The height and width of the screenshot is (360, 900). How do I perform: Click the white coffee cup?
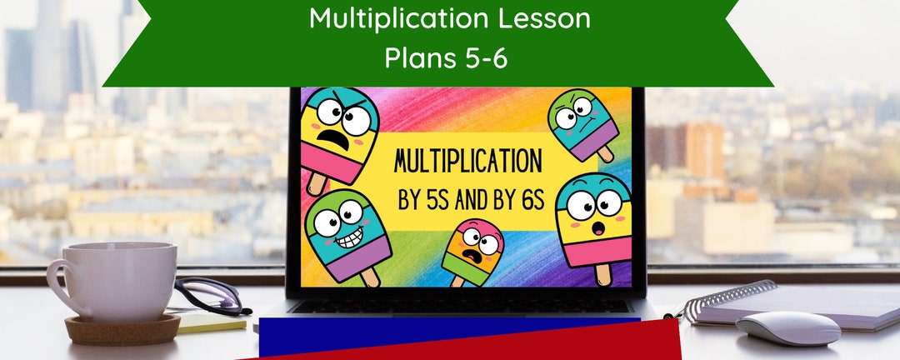[x=117, y=279]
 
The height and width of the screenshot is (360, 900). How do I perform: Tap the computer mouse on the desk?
[x=787, y=327]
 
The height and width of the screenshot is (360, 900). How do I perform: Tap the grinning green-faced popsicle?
[x=348, y=228]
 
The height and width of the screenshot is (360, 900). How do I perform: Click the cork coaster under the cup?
[x=122, y=328]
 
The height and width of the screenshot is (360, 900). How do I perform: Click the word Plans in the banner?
[x=417, y=58]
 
